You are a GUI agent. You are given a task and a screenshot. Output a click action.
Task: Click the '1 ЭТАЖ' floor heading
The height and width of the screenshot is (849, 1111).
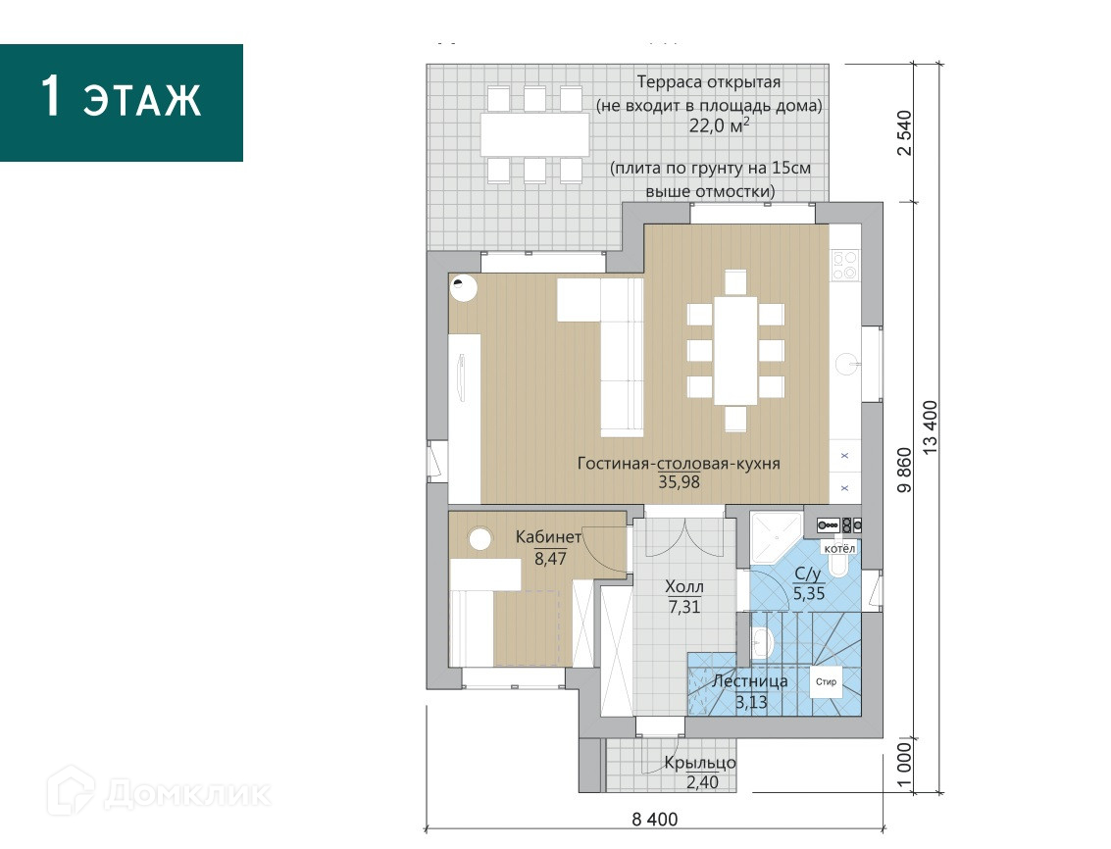click(x=121, y=96)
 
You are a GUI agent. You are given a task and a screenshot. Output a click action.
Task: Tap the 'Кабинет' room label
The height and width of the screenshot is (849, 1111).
click(x=548, y=537)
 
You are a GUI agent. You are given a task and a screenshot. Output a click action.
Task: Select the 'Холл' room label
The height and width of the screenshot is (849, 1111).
click(x=684, y=587)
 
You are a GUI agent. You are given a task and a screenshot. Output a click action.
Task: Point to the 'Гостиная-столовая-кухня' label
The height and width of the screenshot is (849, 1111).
click(x=679, y=464)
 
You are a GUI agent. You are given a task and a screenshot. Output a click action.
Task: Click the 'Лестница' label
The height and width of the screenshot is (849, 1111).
click(x=749, y=681)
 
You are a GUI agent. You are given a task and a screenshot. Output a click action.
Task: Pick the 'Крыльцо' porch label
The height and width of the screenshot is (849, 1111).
click(x=700, y=764)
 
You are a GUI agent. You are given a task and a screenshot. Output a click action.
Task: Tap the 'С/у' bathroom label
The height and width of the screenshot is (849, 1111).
click(x=808, y=574)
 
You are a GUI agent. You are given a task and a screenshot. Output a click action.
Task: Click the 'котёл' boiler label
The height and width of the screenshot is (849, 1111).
click(x=839, y=549)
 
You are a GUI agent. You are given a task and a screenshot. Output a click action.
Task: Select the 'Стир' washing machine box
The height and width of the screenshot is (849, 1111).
click(x=827, y=681)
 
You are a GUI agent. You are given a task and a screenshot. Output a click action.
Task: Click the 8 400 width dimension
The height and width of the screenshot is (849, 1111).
click(x=655, y=820)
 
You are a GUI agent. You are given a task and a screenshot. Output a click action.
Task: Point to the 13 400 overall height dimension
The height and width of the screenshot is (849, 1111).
click(x=930, y=427)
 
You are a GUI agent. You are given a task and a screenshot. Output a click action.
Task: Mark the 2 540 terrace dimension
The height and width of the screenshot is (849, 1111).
click(x=905, y=133)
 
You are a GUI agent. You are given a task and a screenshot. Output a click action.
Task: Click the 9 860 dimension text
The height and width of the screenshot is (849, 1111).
click(x=905, y=471)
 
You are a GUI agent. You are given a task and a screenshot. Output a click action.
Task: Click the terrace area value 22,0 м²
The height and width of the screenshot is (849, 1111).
click(x=719, y=126)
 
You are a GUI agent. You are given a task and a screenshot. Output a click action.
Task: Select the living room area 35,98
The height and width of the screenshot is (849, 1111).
click(x=679, y=482)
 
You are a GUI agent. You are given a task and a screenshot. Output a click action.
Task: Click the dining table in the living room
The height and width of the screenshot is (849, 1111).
click(x=735, y=350)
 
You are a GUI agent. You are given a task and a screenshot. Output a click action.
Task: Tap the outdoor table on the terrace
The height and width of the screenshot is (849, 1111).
click(x=535, y=134)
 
